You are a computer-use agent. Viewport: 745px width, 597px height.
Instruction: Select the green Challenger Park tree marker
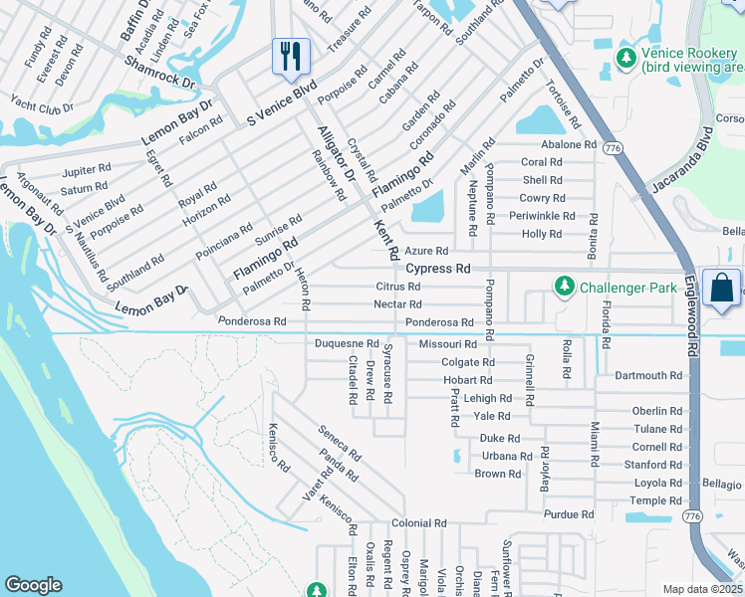pyautogui.click(x=564, y=288)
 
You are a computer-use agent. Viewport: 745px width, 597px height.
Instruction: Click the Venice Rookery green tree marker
pyautogui.click(x=625, y=59)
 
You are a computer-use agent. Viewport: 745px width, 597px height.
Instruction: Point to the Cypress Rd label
pyautogui.click(x=437, y=269)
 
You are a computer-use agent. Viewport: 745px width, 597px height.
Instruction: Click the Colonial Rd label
pyautogui.click(x=418, y=522)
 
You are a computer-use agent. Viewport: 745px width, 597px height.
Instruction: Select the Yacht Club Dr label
pyautogui.click(x=42, y=104)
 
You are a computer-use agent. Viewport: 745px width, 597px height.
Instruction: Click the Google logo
pyautogui.click(x=33, y=585)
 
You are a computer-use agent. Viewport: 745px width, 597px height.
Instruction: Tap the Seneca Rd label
pyautogui.click(x=339, y=443)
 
